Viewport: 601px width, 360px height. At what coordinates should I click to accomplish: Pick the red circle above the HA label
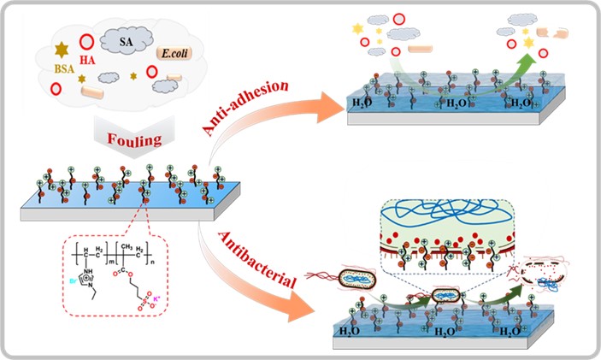(x=86, y=41)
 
